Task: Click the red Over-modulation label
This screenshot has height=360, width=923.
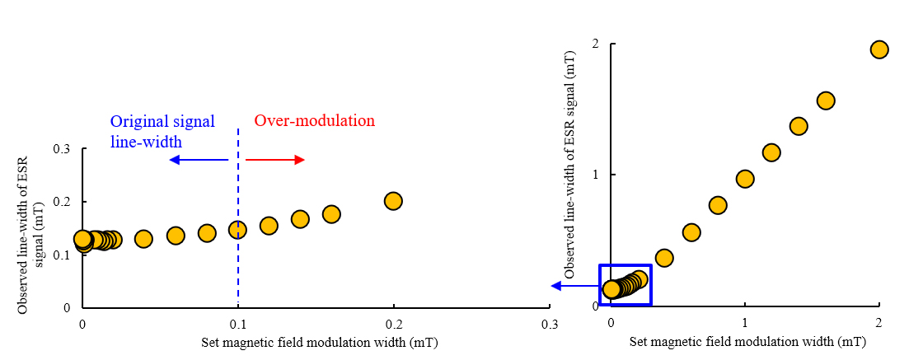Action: [314, 121]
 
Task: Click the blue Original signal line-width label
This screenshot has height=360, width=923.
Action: [162, 131]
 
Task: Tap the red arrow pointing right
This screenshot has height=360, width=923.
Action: [275, 159]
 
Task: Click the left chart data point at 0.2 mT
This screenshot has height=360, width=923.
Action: [393, 201]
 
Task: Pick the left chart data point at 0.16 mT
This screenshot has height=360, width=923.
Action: [331, 214]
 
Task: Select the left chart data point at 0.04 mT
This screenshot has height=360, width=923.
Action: [143, 239]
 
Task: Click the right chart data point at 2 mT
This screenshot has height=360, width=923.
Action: [879, 49]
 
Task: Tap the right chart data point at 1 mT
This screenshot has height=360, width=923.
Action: [745, 179]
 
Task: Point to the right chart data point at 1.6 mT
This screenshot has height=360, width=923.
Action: [826, 101]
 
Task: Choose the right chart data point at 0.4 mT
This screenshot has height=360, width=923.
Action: [664, 258]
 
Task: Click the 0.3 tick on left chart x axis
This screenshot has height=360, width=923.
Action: [549, 324]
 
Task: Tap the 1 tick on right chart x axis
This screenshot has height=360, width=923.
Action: [745, 321]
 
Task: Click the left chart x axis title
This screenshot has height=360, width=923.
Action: [319, 343]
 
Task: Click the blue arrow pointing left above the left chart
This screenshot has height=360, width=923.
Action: [199, 159]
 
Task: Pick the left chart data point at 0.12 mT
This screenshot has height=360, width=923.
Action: [269, 225]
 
